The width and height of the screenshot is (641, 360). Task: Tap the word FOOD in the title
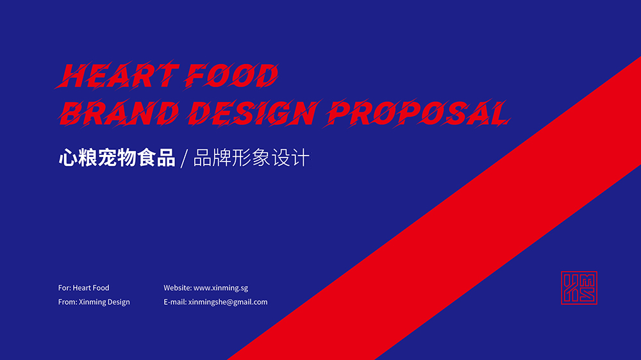231,76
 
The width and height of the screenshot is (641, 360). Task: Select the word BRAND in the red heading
119,113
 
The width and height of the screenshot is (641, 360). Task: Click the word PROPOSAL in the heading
417,113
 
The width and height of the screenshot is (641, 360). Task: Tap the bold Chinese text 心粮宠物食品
117,158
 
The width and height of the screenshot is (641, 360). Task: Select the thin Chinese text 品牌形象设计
251,158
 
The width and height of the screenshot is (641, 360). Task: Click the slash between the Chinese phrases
185,159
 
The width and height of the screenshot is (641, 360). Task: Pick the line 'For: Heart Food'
84,288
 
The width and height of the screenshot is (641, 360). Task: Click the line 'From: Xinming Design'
94,302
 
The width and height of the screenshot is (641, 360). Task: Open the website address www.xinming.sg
221,288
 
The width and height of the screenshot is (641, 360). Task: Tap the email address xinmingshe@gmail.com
228,302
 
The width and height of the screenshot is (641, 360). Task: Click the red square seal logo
579,288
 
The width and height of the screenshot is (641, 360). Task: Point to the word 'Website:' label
178,288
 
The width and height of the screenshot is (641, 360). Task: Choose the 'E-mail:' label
175,302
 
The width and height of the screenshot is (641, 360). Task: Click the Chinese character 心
68,158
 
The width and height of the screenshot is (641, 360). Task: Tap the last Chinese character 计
301,158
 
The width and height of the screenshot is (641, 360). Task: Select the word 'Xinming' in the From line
92,302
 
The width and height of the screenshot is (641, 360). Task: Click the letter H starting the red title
74,76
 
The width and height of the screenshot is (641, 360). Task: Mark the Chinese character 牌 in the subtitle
222,158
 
